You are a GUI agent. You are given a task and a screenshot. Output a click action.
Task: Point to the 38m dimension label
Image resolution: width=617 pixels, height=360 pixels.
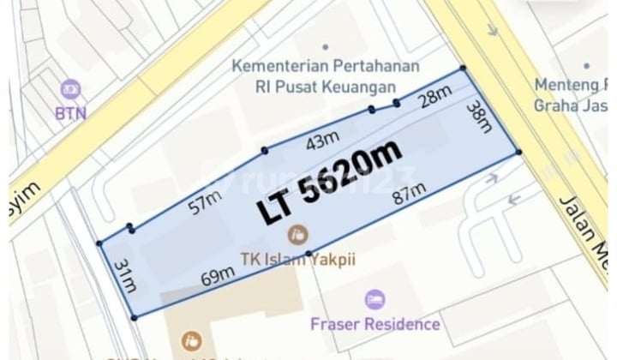click(x=479, y=119)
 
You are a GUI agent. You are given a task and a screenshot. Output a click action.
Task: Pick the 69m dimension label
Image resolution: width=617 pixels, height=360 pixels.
click(x=219, y=275)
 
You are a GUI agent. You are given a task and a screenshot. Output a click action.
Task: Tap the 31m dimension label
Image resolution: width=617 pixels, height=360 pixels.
click(x=125, y=275)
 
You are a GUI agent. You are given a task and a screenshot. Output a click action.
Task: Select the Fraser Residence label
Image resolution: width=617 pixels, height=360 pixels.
click(x=376, y=324)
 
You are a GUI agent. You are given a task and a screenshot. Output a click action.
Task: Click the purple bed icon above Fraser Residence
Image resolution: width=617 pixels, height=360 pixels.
click(x=374, y=299)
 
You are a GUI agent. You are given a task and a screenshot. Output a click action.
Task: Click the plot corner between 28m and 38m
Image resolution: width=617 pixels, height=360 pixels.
click(x=464, y=69)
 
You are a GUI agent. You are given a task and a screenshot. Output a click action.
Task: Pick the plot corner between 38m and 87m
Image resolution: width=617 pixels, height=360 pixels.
click(x=518, y=152)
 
